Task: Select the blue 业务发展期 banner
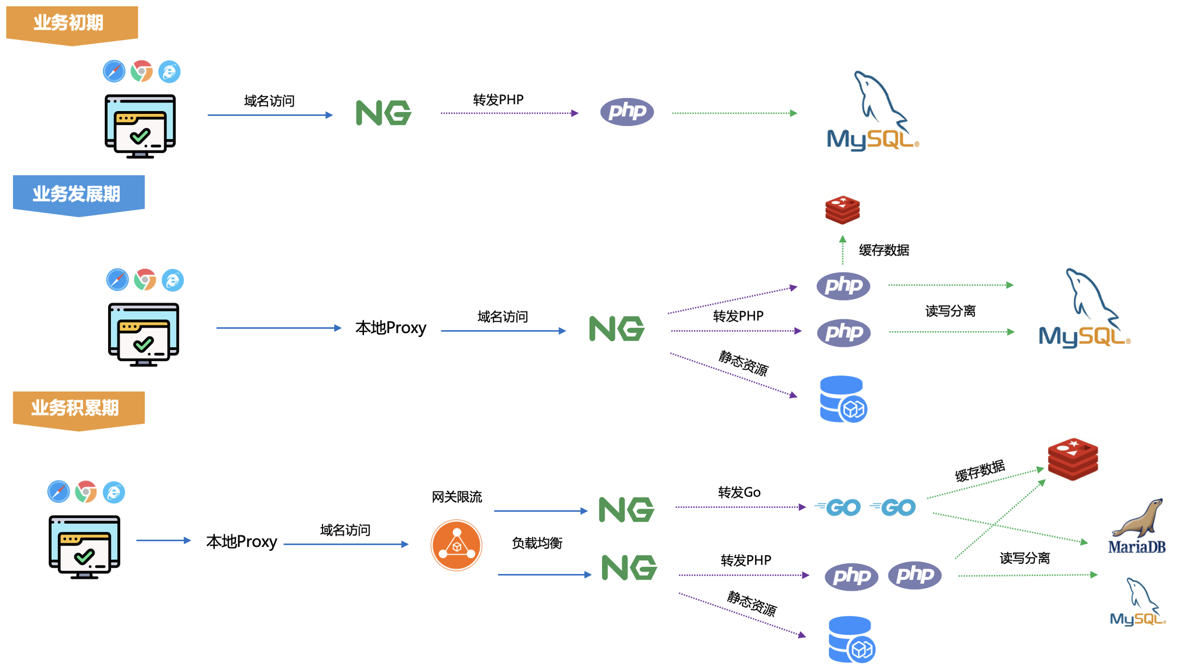coord(78,195)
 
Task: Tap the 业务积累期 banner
coord(78,410)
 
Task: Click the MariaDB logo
coord(1137,526)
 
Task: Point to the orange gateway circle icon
coord(456,545)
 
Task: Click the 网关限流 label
coord(456,497)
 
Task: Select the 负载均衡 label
coord(537,543)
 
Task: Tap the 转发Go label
coord(739,492)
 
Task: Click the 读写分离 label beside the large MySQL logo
coord(950,311)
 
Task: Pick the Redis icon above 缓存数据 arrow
coord(842,210)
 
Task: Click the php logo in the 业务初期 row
coord(627,112)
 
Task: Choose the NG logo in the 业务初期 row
coord(384,113)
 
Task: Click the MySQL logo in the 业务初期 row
coord(873,111)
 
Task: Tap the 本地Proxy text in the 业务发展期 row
coord(391,328)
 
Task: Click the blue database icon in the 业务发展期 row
coord(843,399)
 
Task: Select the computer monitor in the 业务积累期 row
coord(84,547)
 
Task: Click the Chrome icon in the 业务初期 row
coord(142,71)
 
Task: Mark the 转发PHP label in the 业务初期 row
coord(498,100)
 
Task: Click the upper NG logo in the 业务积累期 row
coord(627,509)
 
